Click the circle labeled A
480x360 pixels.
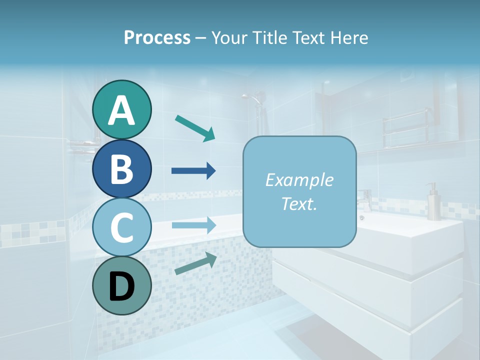pyautogui.click(x=121, y=110)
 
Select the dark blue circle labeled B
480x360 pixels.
pyautogui.click(x=121, y=168)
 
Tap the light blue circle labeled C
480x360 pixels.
pyautogui.click(x=121, y=227)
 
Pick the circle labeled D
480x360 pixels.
pyautogui.click(x=121, y=285)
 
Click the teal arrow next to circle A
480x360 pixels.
pyautogui.click(x=195, y=128)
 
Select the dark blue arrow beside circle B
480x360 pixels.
pyautogui.click(x=193, y=171)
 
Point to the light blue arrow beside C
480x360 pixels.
pyautogui.click(x=193, y=225)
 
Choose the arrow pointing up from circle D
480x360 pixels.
pyautogui.click(x=195, y=263)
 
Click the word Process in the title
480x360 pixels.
pyautogui.click(x=157, y=37)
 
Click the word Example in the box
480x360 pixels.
pyautogui.click(x=299, y=180)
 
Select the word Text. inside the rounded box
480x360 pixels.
pyautogui.click(x=299, y=203)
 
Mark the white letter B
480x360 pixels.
pyautogui.click(x=121, y=168)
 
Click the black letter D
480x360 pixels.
pyautogui.click(x=121, y=286)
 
